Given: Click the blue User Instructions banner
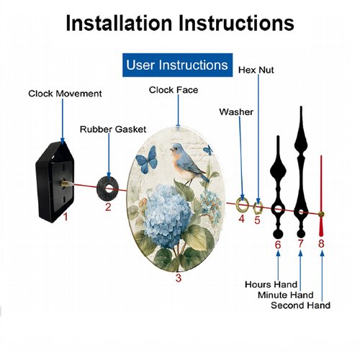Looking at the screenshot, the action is coord(177,65).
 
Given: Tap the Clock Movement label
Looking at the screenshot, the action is coord(65,94).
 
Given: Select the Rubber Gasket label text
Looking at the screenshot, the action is coord(113,130).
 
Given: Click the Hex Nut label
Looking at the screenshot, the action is coord(256,70).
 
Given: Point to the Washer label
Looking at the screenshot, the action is coord(236,112).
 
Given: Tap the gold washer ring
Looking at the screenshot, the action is coord(243,205).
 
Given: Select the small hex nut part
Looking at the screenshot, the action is coord(258,208).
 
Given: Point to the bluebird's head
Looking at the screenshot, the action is coord(177,149).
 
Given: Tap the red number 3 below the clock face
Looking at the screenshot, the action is coord(179,278).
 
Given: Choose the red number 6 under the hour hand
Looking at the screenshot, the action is coord(278,245).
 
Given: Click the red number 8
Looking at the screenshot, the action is coord(321,243).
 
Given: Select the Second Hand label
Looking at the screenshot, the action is coord(300,305).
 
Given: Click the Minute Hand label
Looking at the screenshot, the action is coord(285,294).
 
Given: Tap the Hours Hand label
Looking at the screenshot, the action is coord(271,284).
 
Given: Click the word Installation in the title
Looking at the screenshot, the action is coord(119,23).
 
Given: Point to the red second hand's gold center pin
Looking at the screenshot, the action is coord(321,214).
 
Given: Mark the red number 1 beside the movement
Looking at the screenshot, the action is coord(66,217).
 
